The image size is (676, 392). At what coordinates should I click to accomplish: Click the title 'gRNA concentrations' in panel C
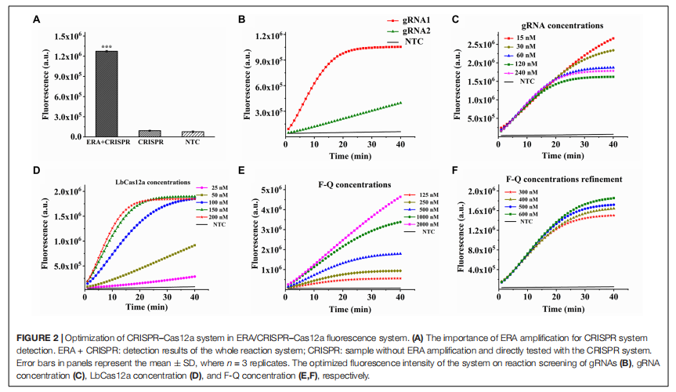click(x=558, y=25)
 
